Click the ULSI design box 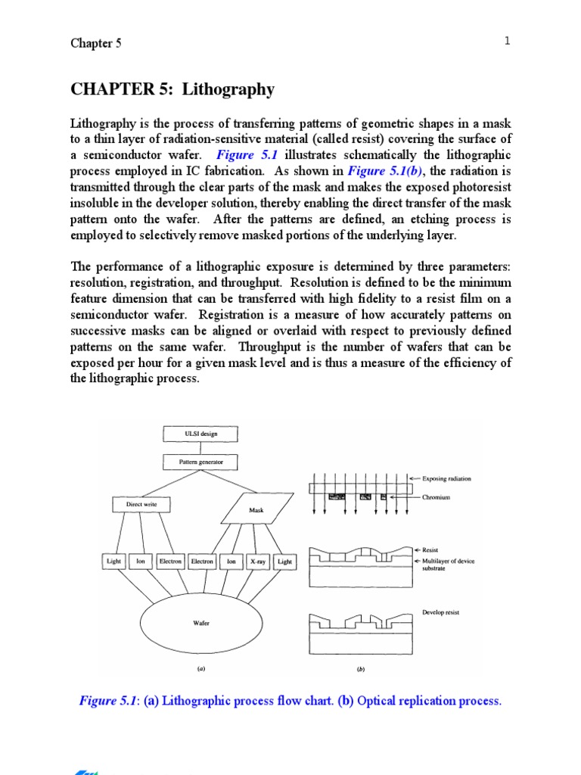[200, 434]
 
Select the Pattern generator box [200, 461]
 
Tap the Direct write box [141, 503]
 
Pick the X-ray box [258, 562]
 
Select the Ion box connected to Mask [231, 562]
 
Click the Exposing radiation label [447, 479]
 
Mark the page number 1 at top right [508, 41]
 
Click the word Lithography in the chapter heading [234, 89]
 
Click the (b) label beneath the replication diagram [360, 670]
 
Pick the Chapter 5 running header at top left [96, 43]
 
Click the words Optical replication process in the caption [429, 701]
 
